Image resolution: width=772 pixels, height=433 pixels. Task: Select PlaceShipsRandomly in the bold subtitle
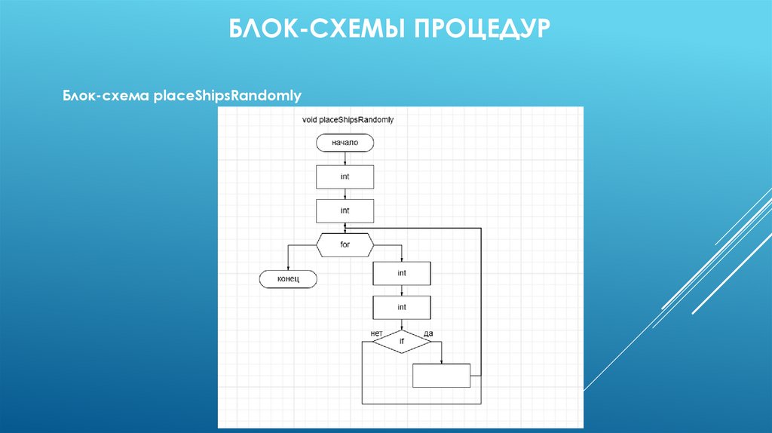click(228, 96)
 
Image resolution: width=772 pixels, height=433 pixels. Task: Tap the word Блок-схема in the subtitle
click(106, 96)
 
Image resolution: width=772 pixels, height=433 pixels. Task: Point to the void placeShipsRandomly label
click(348, 119)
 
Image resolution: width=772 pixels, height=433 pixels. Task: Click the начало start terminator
click(345, 143)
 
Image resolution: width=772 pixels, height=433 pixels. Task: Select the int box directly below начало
click(345, 177)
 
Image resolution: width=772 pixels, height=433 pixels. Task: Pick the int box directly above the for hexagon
click(345, 210)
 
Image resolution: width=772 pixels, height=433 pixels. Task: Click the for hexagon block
click(345, 245)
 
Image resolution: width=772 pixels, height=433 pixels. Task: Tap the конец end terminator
click(289, 279)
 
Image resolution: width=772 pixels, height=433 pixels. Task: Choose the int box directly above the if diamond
click(402, 307)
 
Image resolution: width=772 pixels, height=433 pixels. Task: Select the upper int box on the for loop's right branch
click(402, 273)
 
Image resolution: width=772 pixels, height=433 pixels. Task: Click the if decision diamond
click(402, 342)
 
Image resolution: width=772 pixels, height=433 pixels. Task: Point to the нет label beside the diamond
click(377, 332)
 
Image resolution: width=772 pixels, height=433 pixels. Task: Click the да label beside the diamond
click(428, 333)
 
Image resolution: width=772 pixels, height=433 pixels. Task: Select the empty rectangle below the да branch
click(442, 376)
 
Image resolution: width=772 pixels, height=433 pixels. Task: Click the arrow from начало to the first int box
click(345, 158)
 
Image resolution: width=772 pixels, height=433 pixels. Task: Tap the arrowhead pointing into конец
click(289, 267)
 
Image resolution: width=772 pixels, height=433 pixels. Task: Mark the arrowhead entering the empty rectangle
click(442, 361)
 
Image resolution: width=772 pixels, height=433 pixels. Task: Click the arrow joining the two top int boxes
click(345, 194)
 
